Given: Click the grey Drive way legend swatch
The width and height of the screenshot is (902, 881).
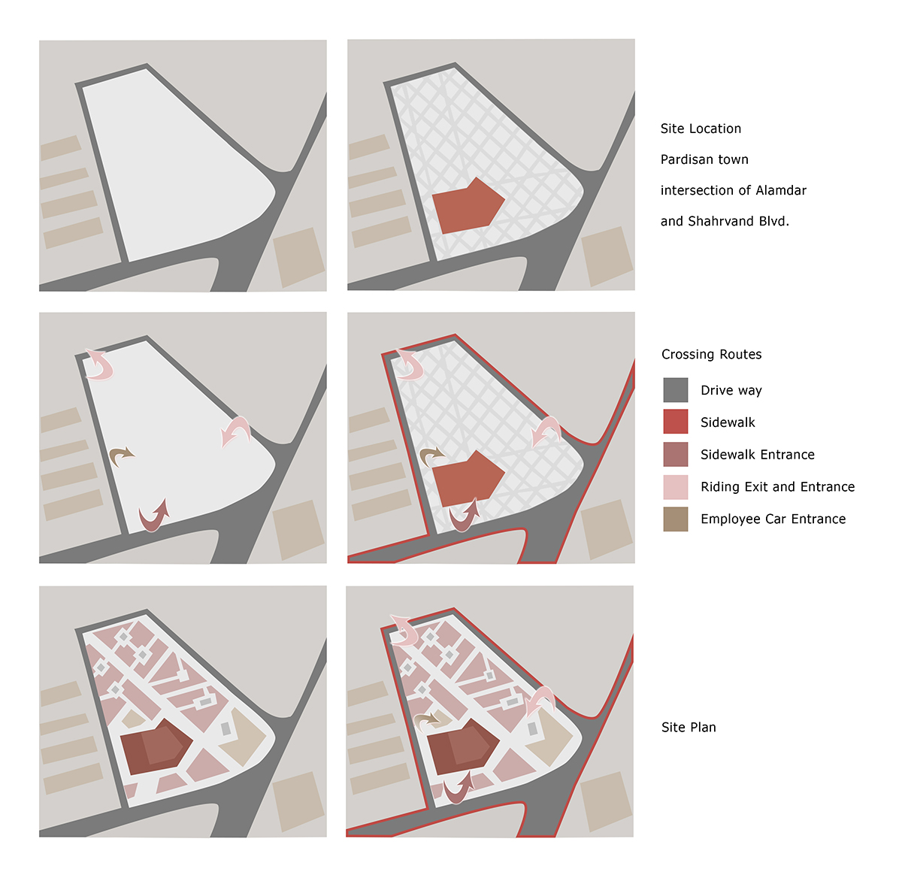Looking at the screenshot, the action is tap(675, 389).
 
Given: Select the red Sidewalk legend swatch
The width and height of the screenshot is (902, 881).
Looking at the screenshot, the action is tap(675, 421).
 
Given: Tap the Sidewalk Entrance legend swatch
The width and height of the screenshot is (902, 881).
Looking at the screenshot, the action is tap(675, 454).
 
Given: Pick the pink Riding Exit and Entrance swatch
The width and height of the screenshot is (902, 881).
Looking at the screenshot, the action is tap(675, 486).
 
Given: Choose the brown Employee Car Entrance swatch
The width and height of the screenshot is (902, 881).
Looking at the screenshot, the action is tap(675, 519).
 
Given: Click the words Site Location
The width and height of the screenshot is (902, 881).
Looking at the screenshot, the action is tap(701, 129).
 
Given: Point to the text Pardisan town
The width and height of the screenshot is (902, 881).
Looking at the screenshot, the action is tap(704, 159).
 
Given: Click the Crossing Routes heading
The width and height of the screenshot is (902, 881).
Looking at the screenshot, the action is tap(711, 354).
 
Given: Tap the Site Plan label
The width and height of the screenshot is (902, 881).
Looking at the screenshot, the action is tap(689, 727).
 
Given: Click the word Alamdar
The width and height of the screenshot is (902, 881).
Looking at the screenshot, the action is tap(781, 190).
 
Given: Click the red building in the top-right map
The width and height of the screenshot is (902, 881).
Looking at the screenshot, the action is tap(468, 206).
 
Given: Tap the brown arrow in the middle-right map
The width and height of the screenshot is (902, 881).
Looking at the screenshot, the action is tap(430, 456).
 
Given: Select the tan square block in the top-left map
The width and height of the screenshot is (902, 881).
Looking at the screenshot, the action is tap(299, 257).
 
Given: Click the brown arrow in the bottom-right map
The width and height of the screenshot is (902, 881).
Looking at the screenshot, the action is tap(427, 720).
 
